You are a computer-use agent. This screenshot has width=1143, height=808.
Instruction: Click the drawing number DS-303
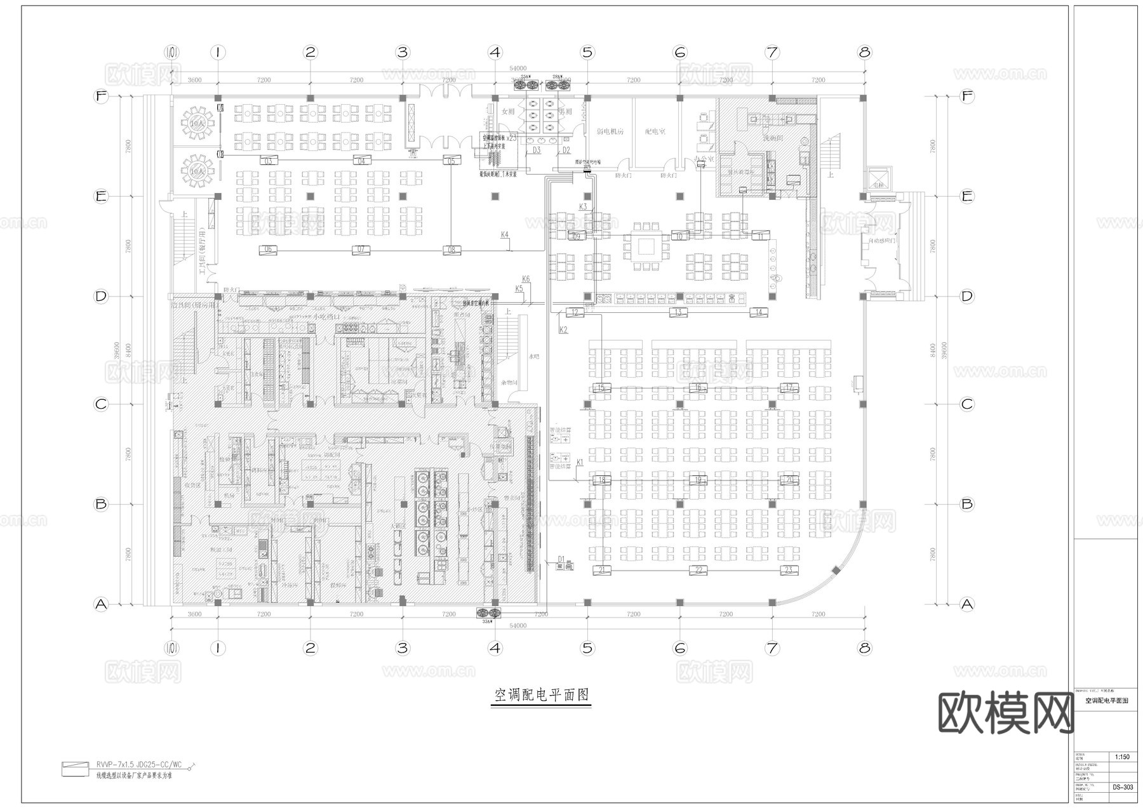[1122, 787]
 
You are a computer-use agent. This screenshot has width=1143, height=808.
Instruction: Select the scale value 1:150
[1122, 757]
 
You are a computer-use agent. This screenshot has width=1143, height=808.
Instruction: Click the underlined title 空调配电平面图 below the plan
[542, 695]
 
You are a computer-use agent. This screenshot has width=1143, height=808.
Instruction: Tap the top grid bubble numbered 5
[587, 52]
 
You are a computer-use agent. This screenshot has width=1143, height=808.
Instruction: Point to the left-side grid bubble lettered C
[100, 404]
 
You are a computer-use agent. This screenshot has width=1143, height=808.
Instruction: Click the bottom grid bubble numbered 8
[864, 648]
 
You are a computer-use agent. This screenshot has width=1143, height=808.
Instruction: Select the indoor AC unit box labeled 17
[789, 387]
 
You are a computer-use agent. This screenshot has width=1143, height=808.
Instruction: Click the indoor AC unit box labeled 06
[268, 249]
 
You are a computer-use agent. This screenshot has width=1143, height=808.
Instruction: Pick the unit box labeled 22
[698, 570]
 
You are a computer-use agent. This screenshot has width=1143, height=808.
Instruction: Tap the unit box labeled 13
[678, 312]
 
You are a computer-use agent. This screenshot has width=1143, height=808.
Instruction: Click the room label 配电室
[655, 131]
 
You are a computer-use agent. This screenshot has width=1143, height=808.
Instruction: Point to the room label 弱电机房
[610, 131]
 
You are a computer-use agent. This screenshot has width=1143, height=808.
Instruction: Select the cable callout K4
[504, 235]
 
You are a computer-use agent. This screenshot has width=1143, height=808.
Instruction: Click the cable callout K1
[579, 463]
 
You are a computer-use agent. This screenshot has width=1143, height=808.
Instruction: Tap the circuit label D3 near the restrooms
[537, 150]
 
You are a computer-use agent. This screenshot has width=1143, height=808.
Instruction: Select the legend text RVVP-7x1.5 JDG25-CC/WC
[138, 764]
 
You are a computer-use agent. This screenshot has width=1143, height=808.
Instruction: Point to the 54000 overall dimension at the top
[518, 68]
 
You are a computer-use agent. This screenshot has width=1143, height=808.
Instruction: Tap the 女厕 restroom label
[507, 111]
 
